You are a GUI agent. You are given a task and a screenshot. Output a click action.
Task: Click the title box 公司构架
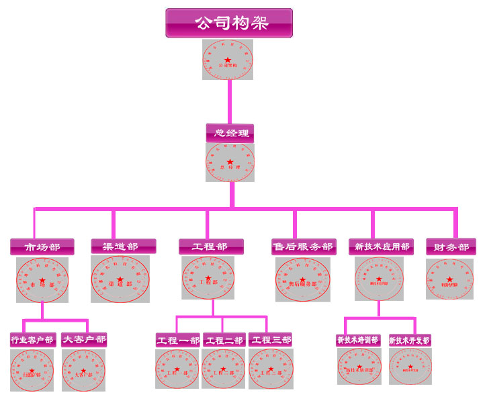tap(229, 23)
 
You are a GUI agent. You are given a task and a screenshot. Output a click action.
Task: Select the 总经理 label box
tap(230, 132)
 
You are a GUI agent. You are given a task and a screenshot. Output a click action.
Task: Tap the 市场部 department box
tap(42, 247)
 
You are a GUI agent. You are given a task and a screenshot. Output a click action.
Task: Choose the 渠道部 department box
tap(124, 247)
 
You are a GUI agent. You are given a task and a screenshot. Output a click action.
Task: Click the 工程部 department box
tap(212, 247)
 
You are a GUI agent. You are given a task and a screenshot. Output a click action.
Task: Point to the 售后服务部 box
tap(303, 247)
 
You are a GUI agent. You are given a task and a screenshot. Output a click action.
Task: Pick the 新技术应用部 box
tap(381, 247)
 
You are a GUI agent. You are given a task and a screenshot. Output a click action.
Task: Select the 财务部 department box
tap(451, 247)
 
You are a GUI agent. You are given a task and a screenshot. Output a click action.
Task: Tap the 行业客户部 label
tap(32, 339)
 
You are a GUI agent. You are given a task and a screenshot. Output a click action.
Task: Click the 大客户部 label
tap(84, 339)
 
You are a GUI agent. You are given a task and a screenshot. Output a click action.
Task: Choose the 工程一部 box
tap(178, 340)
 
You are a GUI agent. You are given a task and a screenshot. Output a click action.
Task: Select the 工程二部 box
tap(224, 340)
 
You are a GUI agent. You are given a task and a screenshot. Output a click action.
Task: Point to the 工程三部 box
tap(271, 340)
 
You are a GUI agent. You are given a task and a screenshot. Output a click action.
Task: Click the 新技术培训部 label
tap(359, 340)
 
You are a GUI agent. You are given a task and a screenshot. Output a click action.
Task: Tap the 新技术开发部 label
tap(410, 340)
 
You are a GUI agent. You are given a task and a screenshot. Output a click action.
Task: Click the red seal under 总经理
tap(230, 163)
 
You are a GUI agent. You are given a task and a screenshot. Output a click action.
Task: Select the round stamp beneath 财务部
tap(450, 279)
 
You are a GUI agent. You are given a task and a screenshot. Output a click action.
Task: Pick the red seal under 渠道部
tap(120, 279)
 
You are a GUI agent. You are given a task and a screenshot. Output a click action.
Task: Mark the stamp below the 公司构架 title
tap(228, 60)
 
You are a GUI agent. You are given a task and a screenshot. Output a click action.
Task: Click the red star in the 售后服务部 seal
tap(303, 277)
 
